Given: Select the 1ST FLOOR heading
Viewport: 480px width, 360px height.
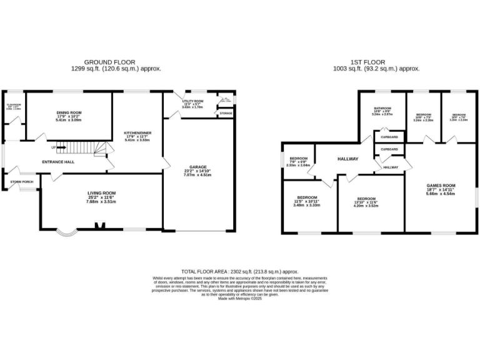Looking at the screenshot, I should (x=376, y=63).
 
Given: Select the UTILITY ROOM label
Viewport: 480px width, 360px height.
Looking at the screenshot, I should (x=193, y=101).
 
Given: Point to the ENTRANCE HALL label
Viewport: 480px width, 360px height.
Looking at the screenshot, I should (x=58, y=162).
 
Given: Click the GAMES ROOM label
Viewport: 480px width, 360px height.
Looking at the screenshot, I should (x=441, y=186).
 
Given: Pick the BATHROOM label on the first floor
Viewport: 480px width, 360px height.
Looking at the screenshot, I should (x=382, y=108).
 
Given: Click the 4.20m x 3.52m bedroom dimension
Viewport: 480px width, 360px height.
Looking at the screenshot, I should (x=367, y=205).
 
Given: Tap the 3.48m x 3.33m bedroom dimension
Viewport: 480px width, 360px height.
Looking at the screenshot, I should (x=306, y=205).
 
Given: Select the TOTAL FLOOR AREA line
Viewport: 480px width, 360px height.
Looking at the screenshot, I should (x=239, y=272).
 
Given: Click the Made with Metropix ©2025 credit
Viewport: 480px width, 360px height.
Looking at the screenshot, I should (x=240, y=299).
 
